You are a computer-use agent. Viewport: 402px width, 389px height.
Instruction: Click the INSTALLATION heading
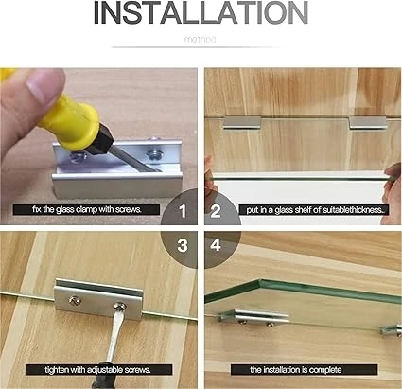[201, 12]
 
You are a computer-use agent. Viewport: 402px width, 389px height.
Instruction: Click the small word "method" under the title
[200, 40]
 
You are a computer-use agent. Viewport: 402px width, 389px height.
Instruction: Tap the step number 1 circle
[180, 207]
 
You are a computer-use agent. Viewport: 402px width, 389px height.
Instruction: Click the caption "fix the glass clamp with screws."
[86, 209]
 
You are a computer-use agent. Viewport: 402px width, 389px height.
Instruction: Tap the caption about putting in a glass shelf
[313, 210]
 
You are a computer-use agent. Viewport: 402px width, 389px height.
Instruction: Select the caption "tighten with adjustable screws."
[98, 369]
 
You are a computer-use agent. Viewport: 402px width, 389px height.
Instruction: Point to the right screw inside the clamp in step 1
[153, 155]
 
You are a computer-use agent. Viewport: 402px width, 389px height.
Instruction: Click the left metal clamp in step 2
[242, 123]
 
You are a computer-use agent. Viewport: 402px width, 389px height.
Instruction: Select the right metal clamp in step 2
[368, 123]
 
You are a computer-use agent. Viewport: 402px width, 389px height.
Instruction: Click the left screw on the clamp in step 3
[75, 301]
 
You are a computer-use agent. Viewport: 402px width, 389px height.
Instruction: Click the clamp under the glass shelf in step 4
[254, 317]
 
